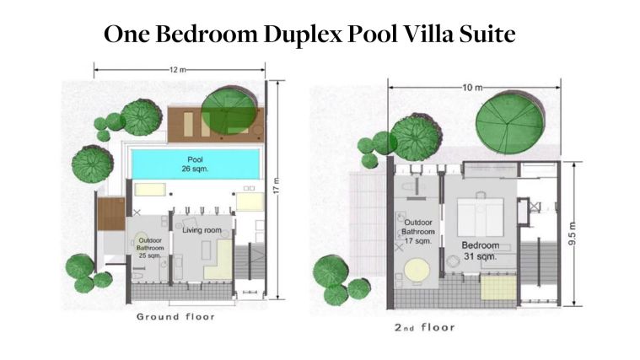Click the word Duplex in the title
pyautogui.click(x=304, y=35)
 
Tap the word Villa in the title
pyautogui.click(x=428, y=34)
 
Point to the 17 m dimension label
pyautogui.click(x=277, y=185)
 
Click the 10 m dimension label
pyautogui.click(x=472, y=88)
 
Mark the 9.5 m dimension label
pyautogui.click(x=573, y=234)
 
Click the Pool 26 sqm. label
pyautogui.click(x=195, y=164)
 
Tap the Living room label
pyautogui.click(x=202, y=230)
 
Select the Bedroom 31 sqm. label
pyautogui.click(x=481, y=250)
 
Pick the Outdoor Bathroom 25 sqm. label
pyautogui.click(x=151, y=248)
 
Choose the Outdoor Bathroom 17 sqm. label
pyautogui.click(x=418, y=231)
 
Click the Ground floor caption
pyautogui.click(x=175, y=317)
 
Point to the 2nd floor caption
pyautogui.click(x=424, y=327)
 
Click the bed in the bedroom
pyautogui.click(x=481, y=217)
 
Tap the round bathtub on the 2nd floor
pyautogui.click(x=417, y=271)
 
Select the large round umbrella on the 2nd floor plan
pyautogui.click(x=510, y=122)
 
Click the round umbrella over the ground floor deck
pyautogui.click(x=229, y=110)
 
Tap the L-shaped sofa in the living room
pyautogui.click(x=218, y=260)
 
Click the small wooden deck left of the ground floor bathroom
pyautogui.click(x=111, y=214)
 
